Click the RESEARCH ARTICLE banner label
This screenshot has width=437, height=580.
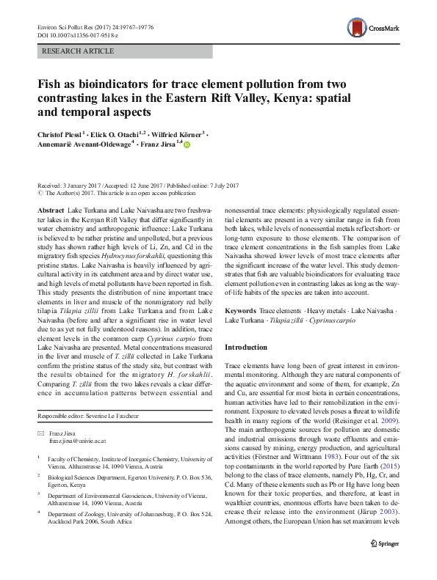pyautogui.click(x=79, y=51)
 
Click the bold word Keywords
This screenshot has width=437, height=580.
pyautogui.click(x=241, y=311)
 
